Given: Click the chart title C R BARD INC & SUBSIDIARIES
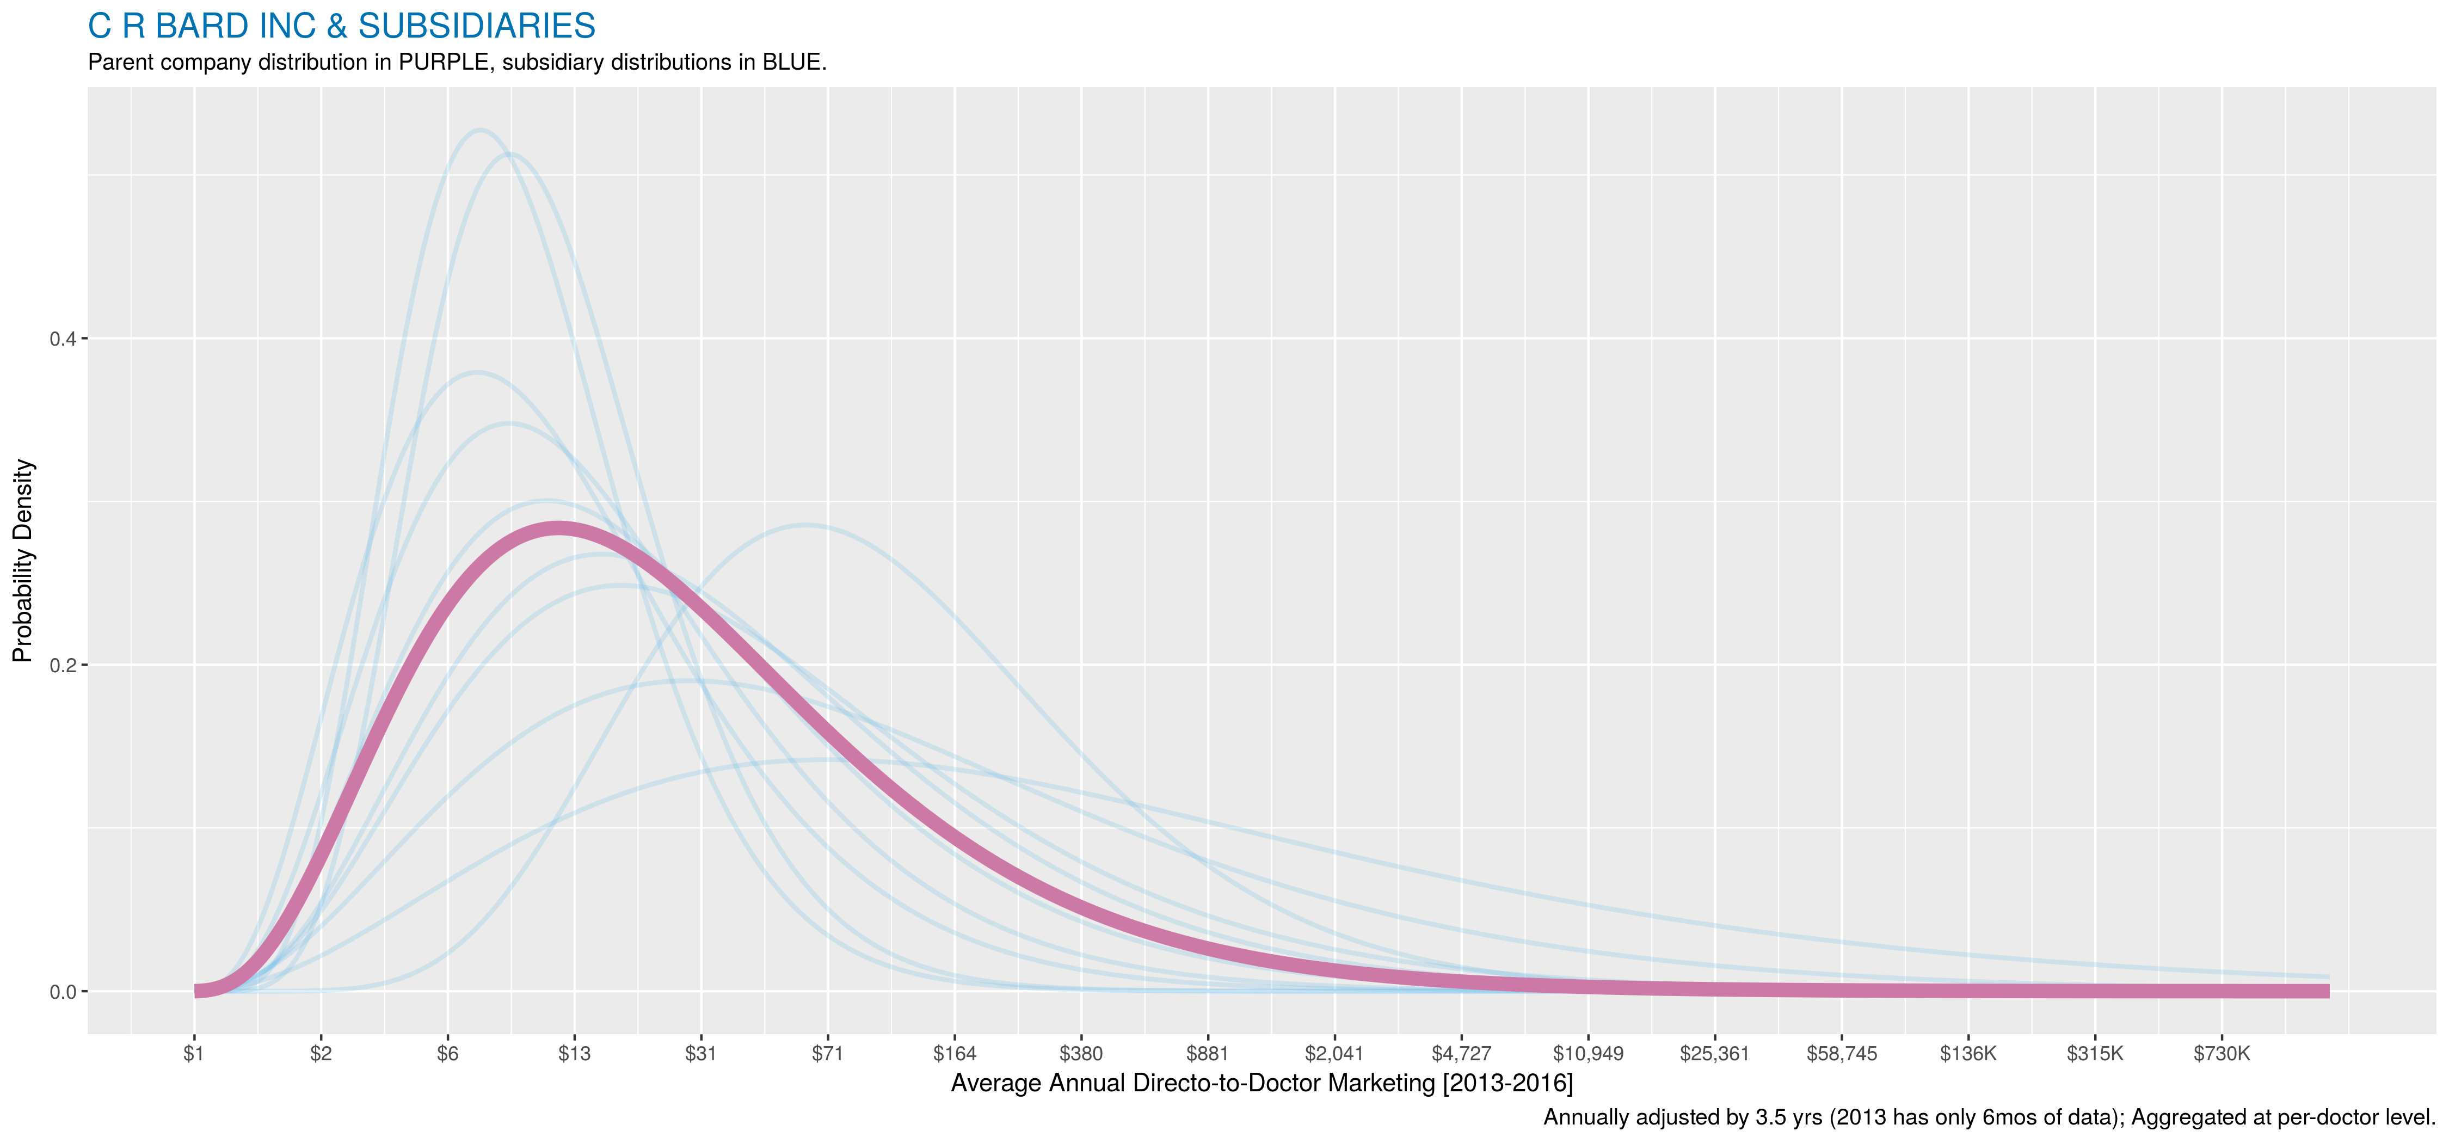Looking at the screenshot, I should (341, 26).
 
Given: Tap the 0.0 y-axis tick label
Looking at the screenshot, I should (63, 992).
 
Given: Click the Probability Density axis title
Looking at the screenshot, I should (23, 561).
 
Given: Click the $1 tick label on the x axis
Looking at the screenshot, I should (194, 1054).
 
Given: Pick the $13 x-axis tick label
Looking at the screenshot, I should (574, 1054).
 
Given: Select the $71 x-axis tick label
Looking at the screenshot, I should (827, 1054).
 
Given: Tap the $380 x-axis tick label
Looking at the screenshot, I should (1081, 1054).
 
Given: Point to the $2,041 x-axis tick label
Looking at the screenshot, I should (1334, 1054).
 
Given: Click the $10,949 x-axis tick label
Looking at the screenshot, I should (1587, 1054).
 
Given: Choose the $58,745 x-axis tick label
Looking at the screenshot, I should (1842, 1054).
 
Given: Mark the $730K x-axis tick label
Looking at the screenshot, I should (2222, 1054).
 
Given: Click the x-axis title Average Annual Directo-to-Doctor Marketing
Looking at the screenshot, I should (1262, 1083).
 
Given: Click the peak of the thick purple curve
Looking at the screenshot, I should (557, 529).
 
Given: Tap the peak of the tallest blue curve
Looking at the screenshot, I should (480, 130).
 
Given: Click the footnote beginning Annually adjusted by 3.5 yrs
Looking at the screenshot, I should (1989, 1117).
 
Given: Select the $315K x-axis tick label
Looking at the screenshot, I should (2094, 1054).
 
